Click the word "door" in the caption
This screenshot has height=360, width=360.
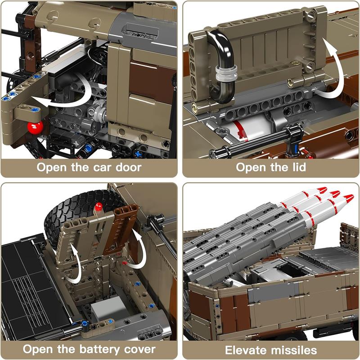(128, 167)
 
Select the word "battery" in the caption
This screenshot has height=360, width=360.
(99, 349)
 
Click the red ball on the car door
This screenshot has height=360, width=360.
(35, 128)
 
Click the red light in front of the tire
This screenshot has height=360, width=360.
(99, 207)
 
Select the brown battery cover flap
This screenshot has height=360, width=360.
(121, 229)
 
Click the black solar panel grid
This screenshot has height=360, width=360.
(35, 287)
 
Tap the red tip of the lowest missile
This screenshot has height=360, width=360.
(349, 198)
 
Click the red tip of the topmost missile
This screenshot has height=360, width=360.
(322, 189)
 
